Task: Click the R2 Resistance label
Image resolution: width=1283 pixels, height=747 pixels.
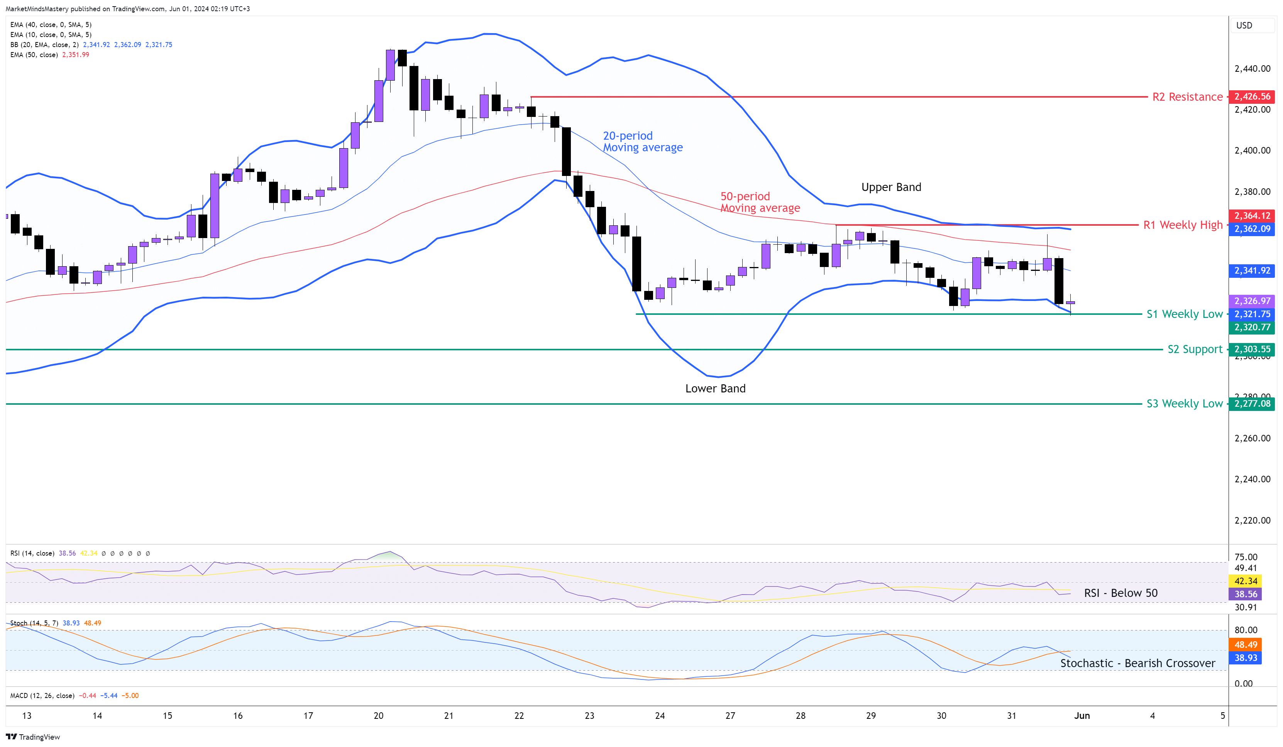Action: tap(1187, 97)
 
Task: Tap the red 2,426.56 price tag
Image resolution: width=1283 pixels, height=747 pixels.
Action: tap(1252, 96)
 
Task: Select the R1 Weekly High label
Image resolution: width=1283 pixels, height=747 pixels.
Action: tap(1182, 225)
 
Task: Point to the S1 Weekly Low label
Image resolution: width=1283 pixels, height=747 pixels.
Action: tap(1184, 314)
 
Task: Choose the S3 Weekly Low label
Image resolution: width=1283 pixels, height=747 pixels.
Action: tap(1184, 404)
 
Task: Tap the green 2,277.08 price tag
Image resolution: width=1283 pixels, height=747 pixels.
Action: tap(1252, 404)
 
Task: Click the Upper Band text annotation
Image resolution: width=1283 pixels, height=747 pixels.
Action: tap(891, 187)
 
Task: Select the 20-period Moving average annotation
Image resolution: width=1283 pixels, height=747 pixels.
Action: tap(643, 142)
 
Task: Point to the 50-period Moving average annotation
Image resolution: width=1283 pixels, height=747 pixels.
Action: tap(760, 202)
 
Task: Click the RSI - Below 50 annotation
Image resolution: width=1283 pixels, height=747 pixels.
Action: tap(1120, 593)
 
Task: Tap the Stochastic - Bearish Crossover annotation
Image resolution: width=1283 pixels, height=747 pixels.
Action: tap(1137, 663)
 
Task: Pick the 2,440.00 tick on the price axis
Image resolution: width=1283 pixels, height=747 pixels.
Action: tap(1252, 69)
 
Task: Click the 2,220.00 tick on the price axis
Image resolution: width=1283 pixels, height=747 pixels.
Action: tap(1252, 520)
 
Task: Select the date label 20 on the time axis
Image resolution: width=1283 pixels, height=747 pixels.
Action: tap(378, 715)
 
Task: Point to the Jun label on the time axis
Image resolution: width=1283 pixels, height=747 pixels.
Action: tap(1082, 715)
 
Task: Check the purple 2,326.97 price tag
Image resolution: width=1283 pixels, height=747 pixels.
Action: tap(1252, 301)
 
